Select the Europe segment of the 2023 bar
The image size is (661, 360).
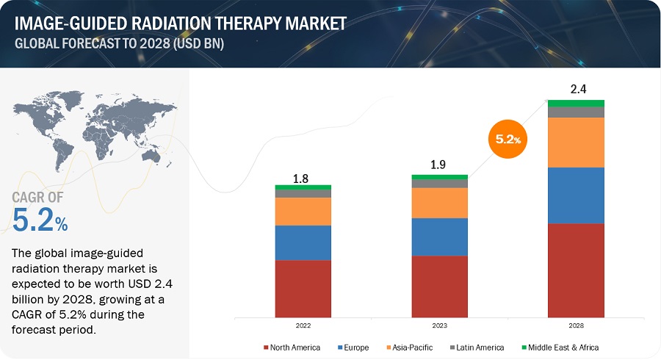coord(439,237)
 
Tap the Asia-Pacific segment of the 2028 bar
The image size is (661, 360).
coord(576,143)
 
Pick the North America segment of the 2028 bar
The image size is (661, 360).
coord(576,270)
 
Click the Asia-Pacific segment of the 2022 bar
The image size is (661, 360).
coord(303,212)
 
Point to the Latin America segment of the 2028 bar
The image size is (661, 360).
coord(576,112)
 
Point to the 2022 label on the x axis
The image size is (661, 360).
coord(303,324)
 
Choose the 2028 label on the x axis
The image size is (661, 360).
coord(576,324)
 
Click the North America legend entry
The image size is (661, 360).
coord(293,347)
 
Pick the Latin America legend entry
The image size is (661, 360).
coord(479,347)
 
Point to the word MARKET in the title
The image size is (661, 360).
coord(308,24)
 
